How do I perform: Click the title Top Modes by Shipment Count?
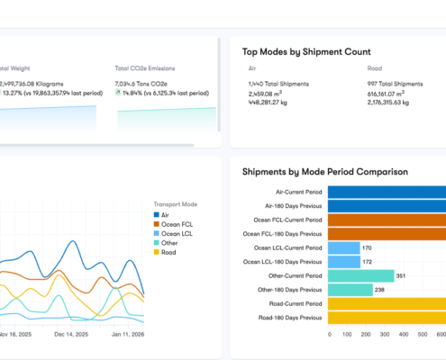coord(306,52)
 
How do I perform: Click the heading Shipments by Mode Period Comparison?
coord(325,171)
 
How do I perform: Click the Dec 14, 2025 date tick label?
coord(70,334)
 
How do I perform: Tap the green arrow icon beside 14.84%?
coord(119,92)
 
